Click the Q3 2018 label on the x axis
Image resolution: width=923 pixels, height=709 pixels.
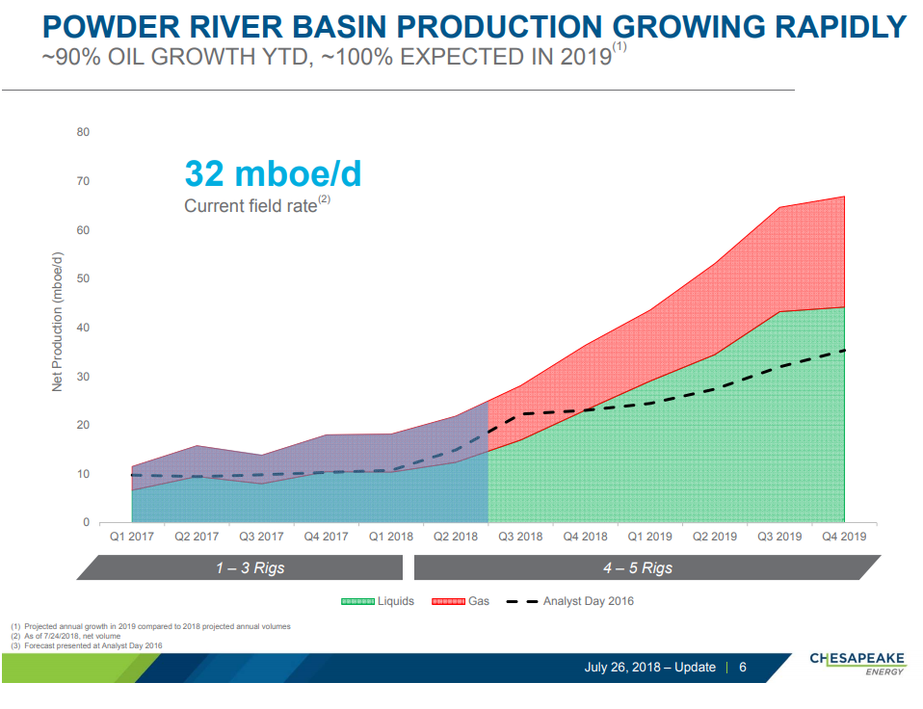pos(520,537)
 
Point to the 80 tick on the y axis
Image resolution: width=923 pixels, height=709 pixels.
pos(84,132)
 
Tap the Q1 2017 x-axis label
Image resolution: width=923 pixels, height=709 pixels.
pos(130,537)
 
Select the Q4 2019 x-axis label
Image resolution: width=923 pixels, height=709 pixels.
pos(844,537)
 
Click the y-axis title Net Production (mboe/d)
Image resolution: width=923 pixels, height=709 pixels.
pos(58,321)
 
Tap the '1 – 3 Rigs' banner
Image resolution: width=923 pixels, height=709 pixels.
pos(250,568)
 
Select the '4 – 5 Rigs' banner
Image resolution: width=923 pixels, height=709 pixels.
pos(637,568)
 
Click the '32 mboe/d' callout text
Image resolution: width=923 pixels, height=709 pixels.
pos(273,174)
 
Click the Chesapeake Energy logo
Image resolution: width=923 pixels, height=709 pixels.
pos(857,663)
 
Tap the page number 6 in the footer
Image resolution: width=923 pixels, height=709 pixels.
pos(743,668)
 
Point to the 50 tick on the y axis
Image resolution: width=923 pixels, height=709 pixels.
pos(84,278)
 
